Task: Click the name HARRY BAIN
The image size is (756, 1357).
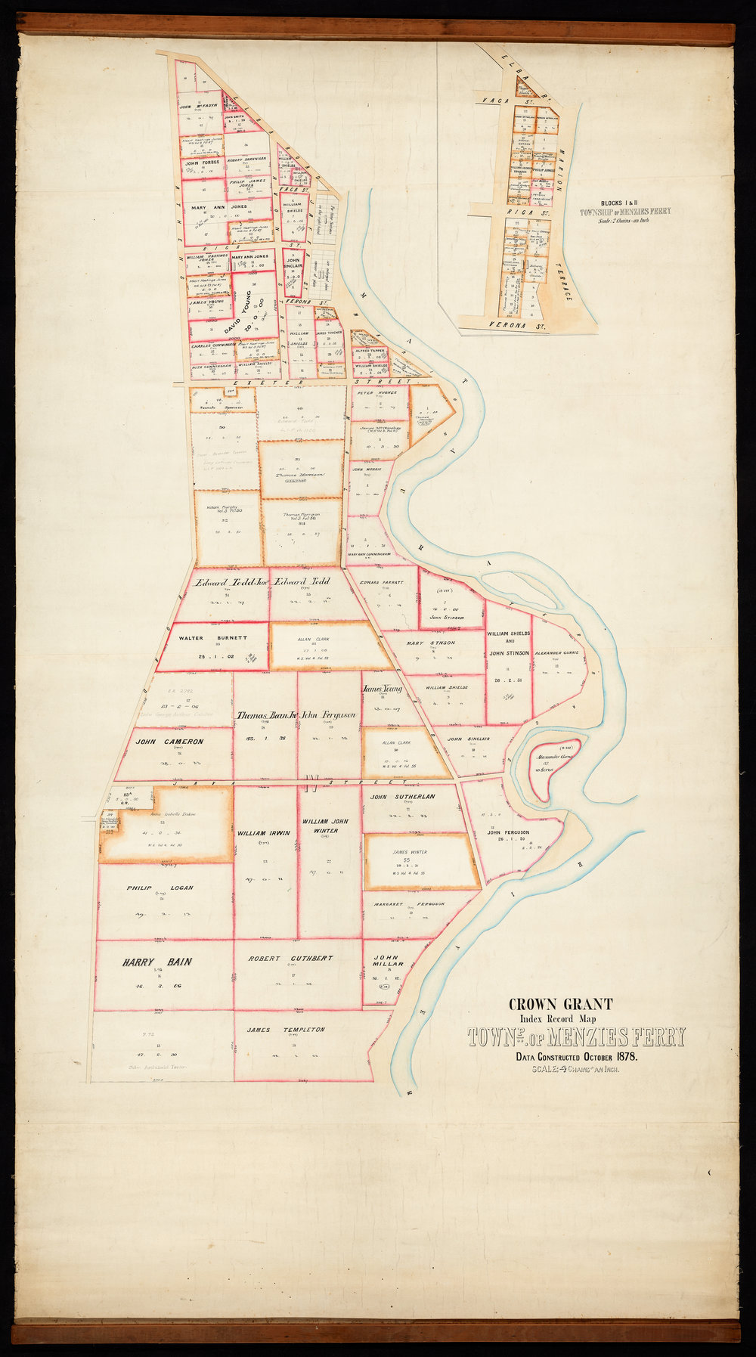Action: click(157, 962)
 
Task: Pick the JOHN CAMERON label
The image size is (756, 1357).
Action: click(169, 742)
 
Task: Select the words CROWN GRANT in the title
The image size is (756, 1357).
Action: click(560, 1005)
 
